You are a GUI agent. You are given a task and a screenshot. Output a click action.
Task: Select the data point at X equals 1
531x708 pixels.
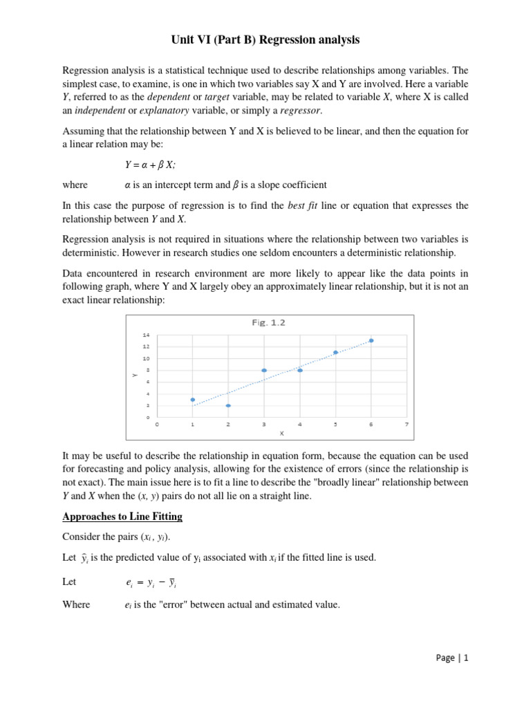(192, 400)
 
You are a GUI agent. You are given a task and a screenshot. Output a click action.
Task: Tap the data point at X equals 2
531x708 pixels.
(228, 406)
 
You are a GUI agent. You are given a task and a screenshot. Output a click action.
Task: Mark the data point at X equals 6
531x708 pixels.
(371, 340)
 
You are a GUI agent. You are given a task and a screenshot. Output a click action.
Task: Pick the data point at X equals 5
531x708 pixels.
(335, 353)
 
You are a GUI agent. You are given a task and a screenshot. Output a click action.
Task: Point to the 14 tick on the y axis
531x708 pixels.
(146, 335)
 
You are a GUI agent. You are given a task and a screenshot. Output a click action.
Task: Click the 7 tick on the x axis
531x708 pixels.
(407, 425)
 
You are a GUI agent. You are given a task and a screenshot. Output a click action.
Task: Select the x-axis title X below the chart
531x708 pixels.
(281, 433)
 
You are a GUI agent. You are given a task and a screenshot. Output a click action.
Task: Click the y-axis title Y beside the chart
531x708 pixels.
(133, 375)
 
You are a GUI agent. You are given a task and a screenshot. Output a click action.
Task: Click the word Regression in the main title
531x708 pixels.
(286, 40)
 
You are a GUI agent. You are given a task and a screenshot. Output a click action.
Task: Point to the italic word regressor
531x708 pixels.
(302, 111)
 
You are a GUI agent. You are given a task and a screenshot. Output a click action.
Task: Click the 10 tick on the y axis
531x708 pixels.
(146, 359)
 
